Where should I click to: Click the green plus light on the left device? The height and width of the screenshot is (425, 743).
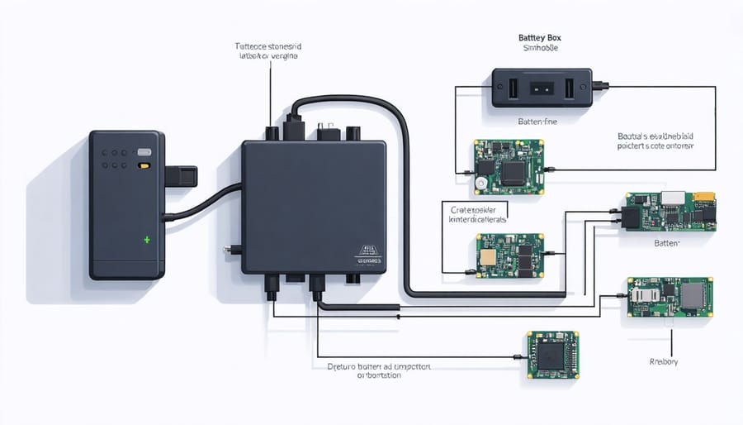pos(148,239)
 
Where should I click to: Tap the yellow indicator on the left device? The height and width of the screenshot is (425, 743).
pos(144,165)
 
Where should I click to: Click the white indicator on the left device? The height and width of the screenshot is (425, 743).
pos(144,153)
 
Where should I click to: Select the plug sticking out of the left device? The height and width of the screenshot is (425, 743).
pos(182,175)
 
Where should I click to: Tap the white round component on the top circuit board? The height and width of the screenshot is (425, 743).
pos(480,182)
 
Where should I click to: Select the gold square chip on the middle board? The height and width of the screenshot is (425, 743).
pos(488,256)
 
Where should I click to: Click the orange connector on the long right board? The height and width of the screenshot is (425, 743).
pos(703,198)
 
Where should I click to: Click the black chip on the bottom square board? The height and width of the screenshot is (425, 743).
pos(552,356)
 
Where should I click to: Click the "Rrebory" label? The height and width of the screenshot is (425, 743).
pos(664,361)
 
